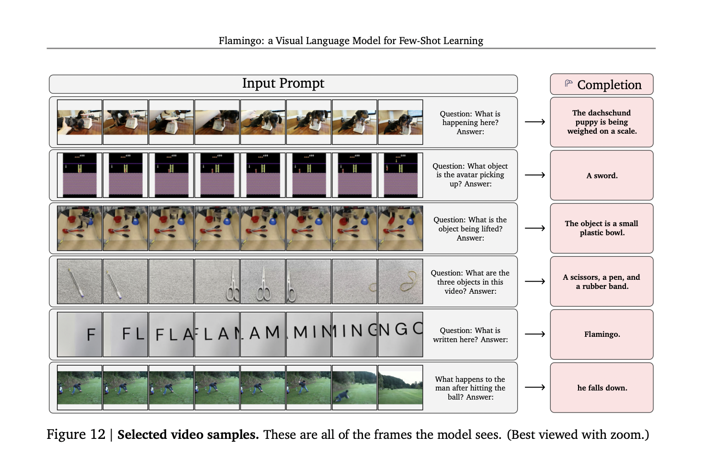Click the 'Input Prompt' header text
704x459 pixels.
283,83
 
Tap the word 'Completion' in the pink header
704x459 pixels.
609,85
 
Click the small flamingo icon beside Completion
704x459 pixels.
568,83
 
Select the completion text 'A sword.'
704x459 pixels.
602,176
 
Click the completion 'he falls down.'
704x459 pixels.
602,388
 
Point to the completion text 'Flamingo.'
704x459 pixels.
602,334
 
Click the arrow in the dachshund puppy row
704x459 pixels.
534,122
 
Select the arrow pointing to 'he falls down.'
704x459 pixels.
534,387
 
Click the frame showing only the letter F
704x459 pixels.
79,334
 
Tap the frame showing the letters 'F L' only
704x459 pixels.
125,334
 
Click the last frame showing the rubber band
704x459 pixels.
400,281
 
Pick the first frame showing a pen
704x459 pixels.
79,281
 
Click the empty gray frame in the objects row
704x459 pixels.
171,281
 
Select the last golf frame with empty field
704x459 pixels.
400,387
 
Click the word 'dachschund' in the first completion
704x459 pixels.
609,113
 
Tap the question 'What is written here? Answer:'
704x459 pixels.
470,335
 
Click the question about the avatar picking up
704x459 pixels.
470,175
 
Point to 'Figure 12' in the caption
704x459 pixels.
76,435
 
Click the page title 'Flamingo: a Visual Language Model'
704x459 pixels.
351,41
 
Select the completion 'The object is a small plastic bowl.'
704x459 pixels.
602,228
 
